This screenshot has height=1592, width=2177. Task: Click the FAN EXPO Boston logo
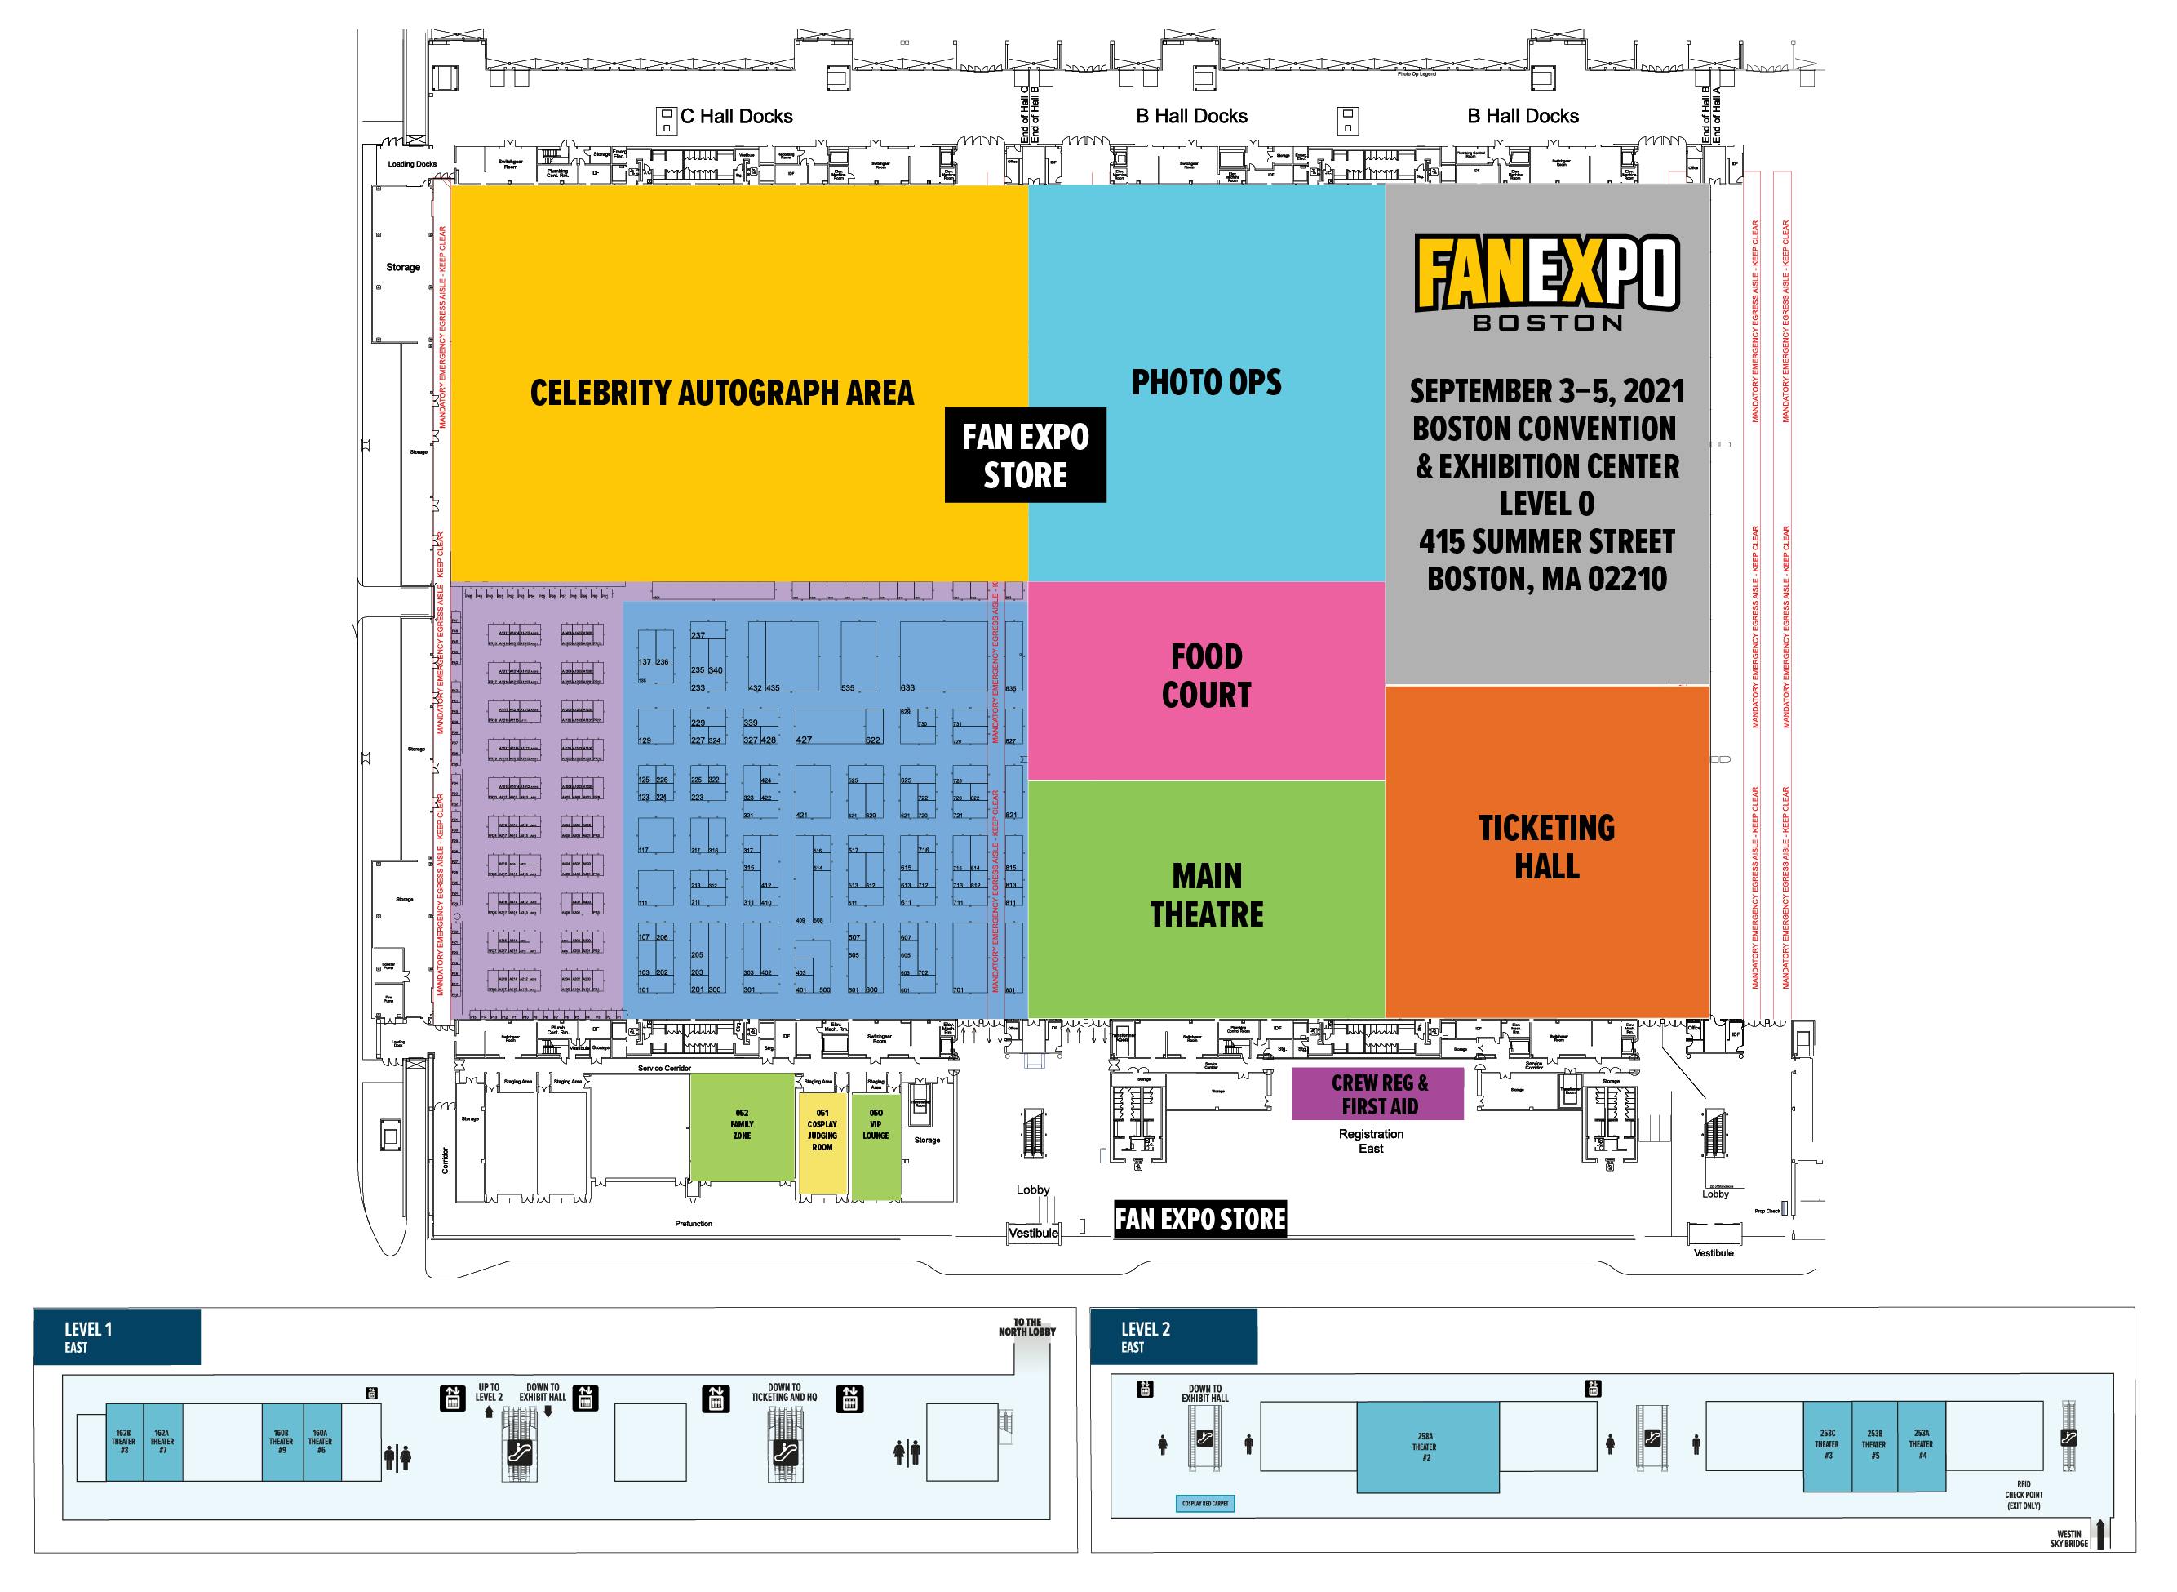(1546, 282)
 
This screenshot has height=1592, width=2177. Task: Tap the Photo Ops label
(1206, 383)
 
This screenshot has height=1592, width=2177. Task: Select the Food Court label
(1206, 675)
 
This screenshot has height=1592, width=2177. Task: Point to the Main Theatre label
(1206, 896)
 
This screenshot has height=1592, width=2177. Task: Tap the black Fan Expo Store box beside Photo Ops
(1025, 456)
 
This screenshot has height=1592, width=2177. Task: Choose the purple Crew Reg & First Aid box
(1377, 1094)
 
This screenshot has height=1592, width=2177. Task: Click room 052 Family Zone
(742, 1127)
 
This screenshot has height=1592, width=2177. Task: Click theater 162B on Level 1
(123, 1442)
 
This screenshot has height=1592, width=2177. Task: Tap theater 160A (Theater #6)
(321, 1442)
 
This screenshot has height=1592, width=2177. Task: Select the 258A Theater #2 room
(1425, 1447)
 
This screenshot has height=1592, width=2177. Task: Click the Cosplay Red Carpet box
(1205, 1503)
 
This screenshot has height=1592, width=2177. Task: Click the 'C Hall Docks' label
(736, 117)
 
